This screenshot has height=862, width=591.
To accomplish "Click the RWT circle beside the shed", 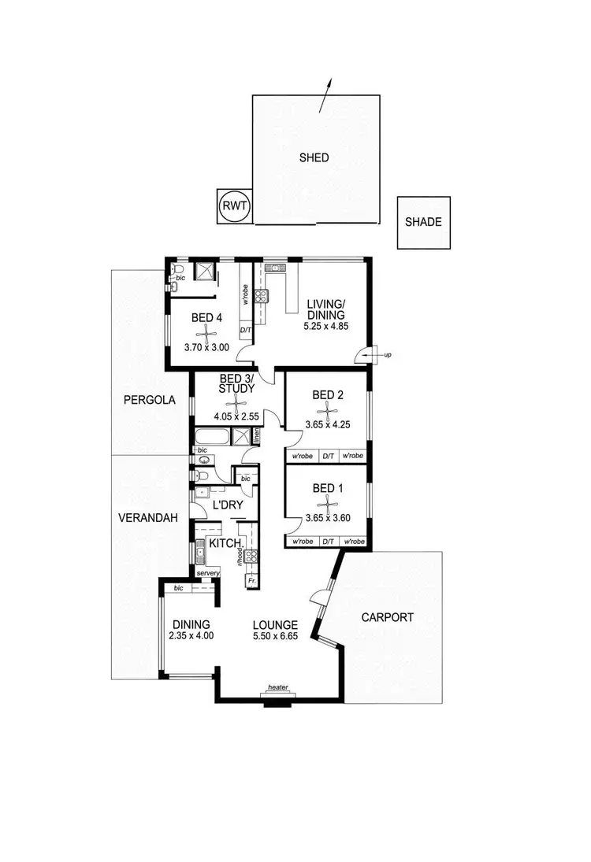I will [x=234, y=205].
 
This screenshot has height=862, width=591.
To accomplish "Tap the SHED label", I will [x=314, y=157].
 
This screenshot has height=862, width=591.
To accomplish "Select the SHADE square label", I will [x=423, y=222].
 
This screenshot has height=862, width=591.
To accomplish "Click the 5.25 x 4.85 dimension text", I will [x=327, y=322].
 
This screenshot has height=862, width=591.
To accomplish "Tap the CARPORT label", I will [x=387, y=618].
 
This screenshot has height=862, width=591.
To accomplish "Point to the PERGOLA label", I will [x=147, y=400].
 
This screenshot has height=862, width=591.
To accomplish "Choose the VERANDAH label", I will [x=148, y=518].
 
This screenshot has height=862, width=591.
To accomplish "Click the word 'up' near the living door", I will [x=388, y=356].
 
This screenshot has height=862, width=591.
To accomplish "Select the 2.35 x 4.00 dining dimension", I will [x=191, y=636].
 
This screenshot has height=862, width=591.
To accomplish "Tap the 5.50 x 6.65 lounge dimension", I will [x=276, y=636].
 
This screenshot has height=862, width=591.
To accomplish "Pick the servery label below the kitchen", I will [x=207, y=573].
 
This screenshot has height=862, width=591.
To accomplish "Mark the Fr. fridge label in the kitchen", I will [x=251, y=582].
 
